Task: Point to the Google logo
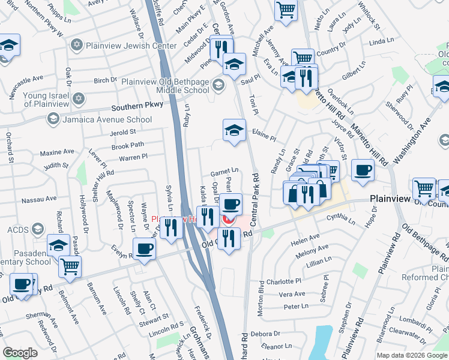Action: pyautogui.click(x=20, y=353)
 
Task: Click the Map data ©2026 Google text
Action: pyautogui.click(x=412, y=355)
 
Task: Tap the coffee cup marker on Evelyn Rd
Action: pyautogui.click(x=143, y=248)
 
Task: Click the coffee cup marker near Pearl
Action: pyautogui.click(x=231, y=204)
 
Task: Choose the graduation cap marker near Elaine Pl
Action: pyautogui.click(x=234, y=130)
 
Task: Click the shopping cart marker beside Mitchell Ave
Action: pyautogui.click(x=286, y=10)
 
